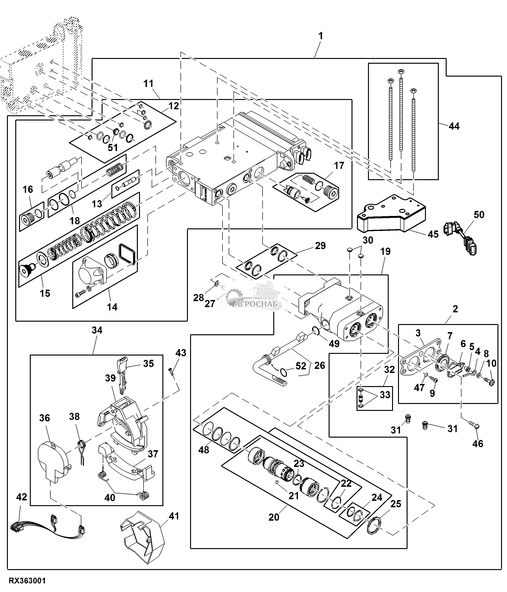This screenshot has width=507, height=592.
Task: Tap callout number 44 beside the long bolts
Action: [x=454, y=126]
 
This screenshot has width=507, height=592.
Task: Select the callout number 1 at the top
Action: [x=321, y=36]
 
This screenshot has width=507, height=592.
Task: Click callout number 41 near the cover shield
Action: [x=174, y=516]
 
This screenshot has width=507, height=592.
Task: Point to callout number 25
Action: [x=396, y=504]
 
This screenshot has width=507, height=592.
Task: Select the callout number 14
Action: [x=112, y=307]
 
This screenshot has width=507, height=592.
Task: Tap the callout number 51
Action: [x=113, y=147]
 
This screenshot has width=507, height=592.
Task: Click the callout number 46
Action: [x=478, y=443]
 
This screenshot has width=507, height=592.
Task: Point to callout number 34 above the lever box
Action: [x=97, y=330]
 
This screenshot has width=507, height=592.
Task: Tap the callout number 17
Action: [x=339, y=165]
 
